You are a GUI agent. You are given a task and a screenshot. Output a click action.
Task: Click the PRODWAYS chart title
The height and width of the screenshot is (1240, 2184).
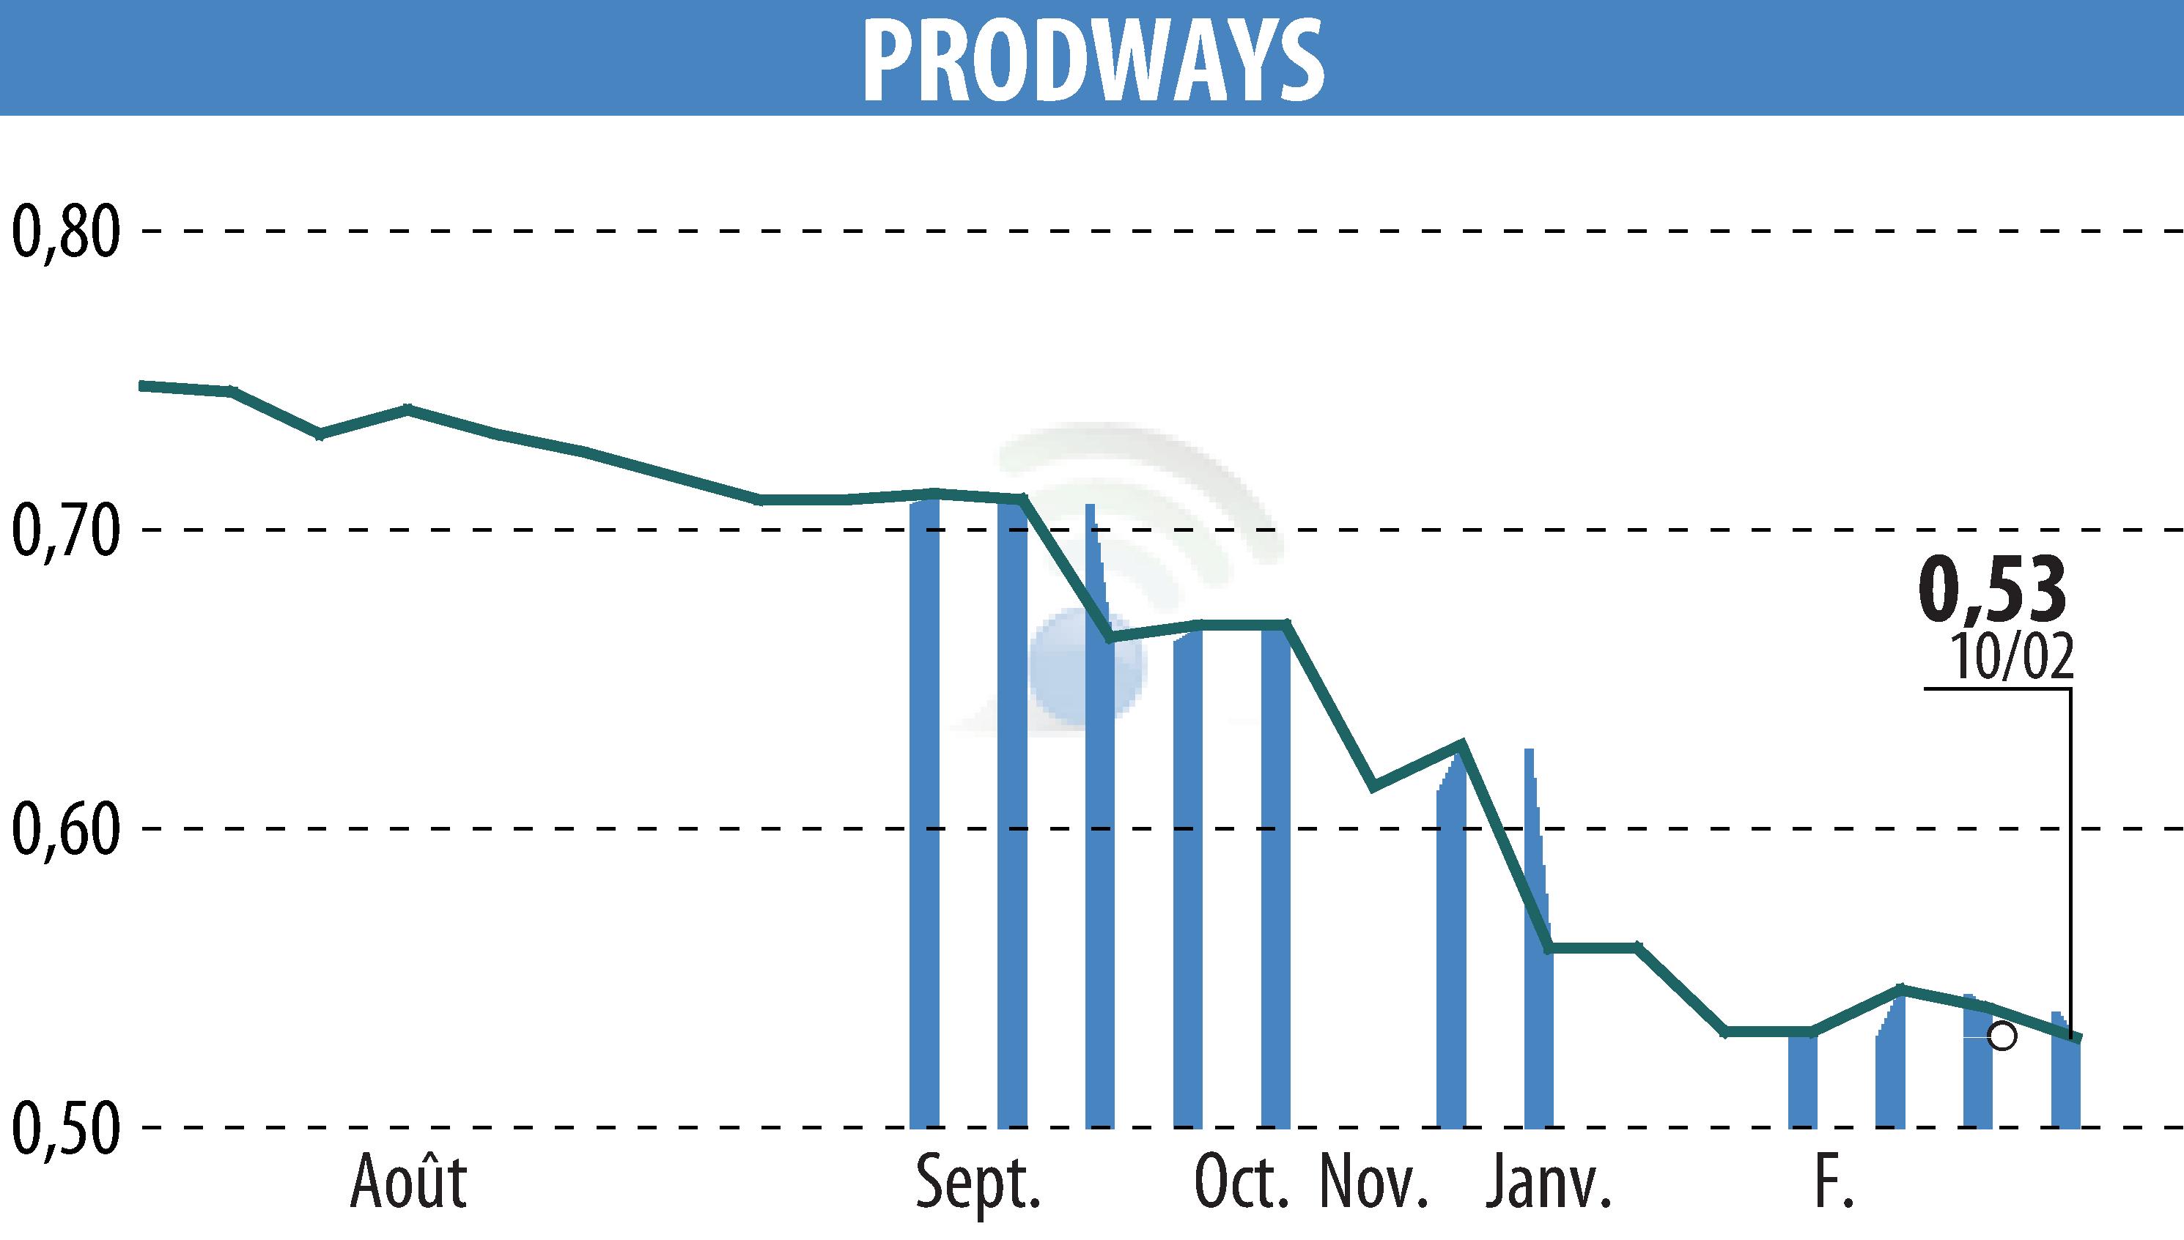coord(1093,59)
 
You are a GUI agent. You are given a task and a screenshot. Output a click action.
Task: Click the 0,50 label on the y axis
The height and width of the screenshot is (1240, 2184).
coord(64,1129)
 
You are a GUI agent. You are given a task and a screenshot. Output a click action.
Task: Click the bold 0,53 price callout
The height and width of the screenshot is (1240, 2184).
coord(1992,590)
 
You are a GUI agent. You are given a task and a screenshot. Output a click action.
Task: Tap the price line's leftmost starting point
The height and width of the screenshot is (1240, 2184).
coord(143,386)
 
